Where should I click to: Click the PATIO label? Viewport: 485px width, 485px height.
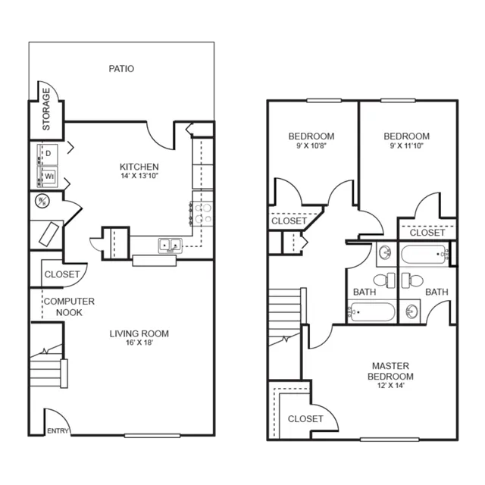tap(121, 69)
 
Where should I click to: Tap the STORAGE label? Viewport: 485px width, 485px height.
tap(46, 109)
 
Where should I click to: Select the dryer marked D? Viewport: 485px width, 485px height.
tap(47, 154)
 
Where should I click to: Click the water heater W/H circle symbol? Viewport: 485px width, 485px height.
tap(42, 201)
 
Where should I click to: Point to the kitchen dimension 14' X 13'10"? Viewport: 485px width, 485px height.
tap(139, 176)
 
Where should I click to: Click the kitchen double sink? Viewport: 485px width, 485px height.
tap(170, 246)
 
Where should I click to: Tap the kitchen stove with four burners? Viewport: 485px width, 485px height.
tap(202, 214)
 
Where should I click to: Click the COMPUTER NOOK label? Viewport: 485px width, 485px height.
tap(69, 307)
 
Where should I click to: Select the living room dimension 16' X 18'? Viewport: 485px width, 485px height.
tap(139, 343)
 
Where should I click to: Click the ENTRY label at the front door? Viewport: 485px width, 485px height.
tap(58, 431)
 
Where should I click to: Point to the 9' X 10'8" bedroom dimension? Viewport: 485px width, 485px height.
tap(311, 145)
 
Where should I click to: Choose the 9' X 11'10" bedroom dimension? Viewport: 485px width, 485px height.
tap(406, 145)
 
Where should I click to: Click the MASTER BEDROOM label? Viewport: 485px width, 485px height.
tap(390, 371)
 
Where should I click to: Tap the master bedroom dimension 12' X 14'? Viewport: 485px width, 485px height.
tap(391, 386)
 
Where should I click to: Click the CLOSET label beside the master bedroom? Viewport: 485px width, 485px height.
tap(305, 419)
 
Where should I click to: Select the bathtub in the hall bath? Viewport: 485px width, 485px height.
tap(372, 311)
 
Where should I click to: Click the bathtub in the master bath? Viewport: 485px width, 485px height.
tap(424, 255)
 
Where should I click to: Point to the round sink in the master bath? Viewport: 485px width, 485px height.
tap(411, 311)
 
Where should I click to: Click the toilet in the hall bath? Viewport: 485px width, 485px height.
tap(385, 280)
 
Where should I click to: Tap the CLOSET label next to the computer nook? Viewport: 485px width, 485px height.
tap(62, 274)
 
